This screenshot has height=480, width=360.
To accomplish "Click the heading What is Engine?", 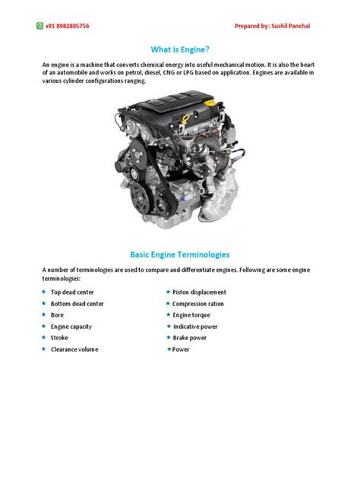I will point(180,49).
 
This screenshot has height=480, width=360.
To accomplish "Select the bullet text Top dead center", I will point(72,292).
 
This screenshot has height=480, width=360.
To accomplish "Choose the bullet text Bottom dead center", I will point(77,304).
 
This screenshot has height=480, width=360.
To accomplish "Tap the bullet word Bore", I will point(58,315).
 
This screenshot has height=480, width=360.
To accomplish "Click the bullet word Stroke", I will point(59,338).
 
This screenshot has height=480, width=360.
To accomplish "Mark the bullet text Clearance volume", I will point(74,349).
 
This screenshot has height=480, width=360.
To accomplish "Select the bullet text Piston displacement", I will point(199,292).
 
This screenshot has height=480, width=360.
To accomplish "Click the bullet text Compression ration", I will point(198,304).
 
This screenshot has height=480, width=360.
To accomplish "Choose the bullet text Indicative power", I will point(195,327).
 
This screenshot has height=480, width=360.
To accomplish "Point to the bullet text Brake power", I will point(190,338).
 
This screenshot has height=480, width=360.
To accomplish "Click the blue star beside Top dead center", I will point(43,292).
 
